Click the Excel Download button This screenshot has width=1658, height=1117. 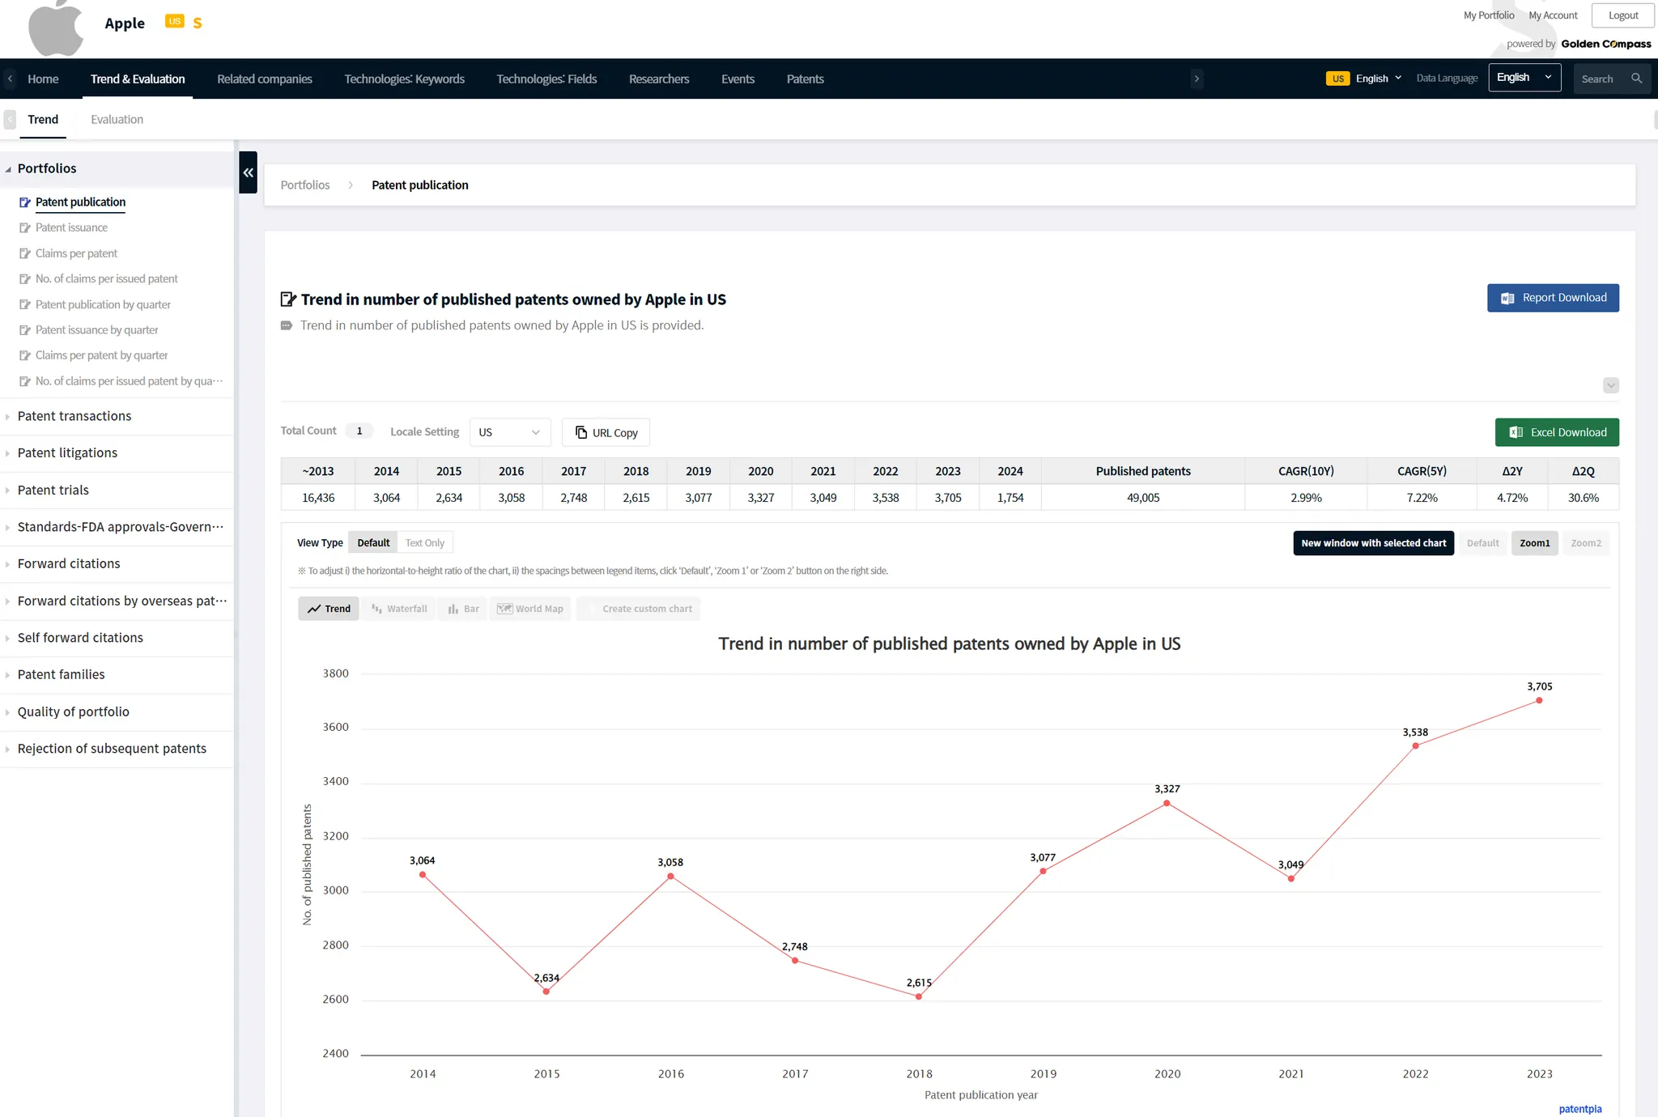pos(1556,432)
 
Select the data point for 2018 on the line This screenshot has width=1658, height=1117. pos(919,996)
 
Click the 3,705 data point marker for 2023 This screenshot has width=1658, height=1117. pos(1539,701)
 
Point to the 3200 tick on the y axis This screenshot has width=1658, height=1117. pos(335,836)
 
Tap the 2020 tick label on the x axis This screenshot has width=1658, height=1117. pos(1167,1074)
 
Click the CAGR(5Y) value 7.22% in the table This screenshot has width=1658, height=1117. pos(1422,498)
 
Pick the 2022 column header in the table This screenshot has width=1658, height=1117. pos(885,471)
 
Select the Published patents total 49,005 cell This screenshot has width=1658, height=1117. pos(1142,498)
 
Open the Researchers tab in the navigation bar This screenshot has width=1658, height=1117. pos(659,79)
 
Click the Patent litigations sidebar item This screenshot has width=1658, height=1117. pos(67,452)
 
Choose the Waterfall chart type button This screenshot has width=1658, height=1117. pos(399,609)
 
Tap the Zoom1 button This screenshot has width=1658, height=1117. pos(1534,543)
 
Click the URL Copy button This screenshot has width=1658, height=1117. pos(606,432)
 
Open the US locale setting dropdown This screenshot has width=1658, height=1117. pos(509,432)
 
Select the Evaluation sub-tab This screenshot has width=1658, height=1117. pos(117,119)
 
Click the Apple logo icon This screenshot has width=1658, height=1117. pos(55,28)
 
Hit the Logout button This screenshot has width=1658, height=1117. pos(1622,15)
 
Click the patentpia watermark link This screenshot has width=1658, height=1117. pos(1579,1109)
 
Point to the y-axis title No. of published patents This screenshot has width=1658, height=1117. pos(307,864)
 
